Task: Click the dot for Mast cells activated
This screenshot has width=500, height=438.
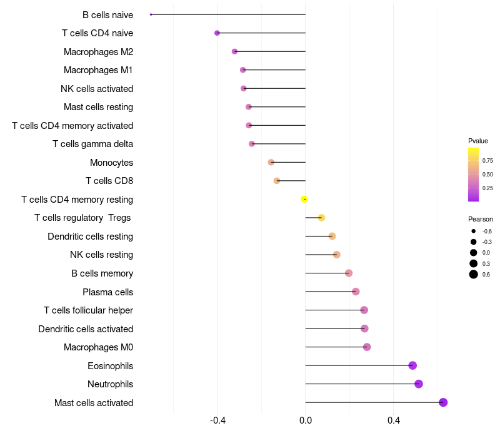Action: coord(443,402)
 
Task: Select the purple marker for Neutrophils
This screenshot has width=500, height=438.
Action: coord(419,384)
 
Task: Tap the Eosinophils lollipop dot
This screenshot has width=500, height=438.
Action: coord(412,365)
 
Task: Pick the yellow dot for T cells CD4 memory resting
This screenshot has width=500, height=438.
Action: coord(304,199)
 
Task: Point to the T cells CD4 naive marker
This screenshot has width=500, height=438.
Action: coord(217,33)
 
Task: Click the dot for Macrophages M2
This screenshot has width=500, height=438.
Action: coord(234,51)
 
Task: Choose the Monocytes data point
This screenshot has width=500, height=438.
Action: coord(271,162)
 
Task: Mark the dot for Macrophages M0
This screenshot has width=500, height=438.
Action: coord(367,347)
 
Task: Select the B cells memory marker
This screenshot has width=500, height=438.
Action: coord(349,273)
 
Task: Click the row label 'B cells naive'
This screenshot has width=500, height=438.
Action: coord(107,14)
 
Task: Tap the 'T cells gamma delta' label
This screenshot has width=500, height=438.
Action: coord(92,144)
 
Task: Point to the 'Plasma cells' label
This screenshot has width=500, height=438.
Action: coord(107,292)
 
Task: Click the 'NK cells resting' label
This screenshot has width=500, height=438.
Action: coord(101,255)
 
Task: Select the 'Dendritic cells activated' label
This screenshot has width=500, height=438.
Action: coord(86,329)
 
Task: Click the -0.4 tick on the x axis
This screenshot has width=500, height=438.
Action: coord(217,420)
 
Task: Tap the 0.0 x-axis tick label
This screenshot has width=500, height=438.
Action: coord(306,420)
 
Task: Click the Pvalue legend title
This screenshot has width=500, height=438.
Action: coord(478,141)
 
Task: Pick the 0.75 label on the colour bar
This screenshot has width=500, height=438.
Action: coord(487,161)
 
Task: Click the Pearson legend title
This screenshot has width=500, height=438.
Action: coord(481,219)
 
